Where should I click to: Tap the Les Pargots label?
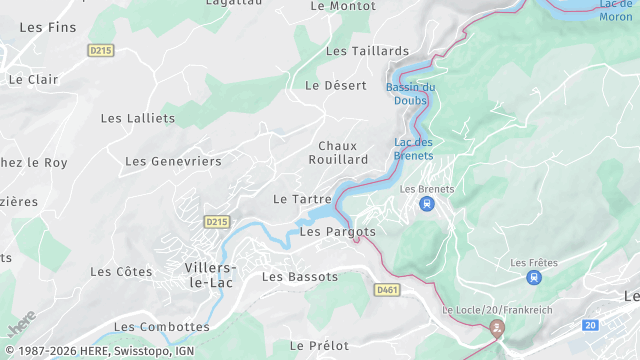[x=338, y=232]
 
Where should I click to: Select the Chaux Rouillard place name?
[x=343, y=152]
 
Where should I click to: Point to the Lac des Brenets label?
[x=414, y=149]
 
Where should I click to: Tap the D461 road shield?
[x=387, y=290]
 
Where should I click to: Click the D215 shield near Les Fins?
[x=101, y=49]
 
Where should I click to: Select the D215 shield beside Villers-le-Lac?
[x=216, y=221]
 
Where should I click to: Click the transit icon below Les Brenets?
[x=427, y=204]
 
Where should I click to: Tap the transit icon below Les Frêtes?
[x=534, y=277]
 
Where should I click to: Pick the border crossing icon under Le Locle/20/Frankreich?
[x=497, y=327]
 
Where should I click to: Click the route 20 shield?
[x=590, y=325]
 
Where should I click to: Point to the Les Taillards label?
[x=367, y=51]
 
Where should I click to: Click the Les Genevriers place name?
[x=173, y=161]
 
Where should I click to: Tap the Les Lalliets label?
[x=138, y=118]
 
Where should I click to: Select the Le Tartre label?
[x=302, y=199]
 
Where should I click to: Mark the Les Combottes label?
[x=162, y=327]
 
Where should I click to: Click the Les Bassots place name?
[x=300, y=276]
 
